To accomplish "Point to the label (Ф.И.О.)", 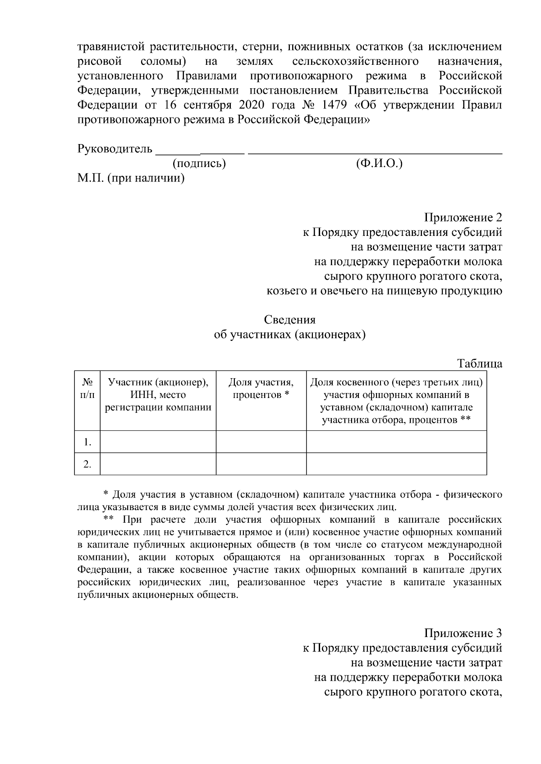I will [379, 163].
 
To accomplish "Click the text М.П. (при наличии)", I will [131, 178].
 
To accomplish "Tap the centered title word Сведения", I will [289, 320].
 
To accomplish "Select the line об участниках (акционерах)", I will [289, 335].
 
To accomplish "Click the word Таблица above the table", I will [480, 363].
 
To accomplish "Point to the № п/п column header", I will [87, 389].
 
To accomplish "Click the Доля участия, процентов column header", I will [261, 389].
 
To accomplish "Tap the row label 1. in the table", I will [87, 442].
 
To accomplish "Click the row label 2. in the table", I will [87, 464].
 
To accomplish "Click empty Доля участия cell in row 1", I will [261, 442].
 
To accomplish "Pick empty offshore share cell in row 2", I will [396, 464].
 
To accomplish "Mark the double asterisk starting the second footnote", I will [108, 518].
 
